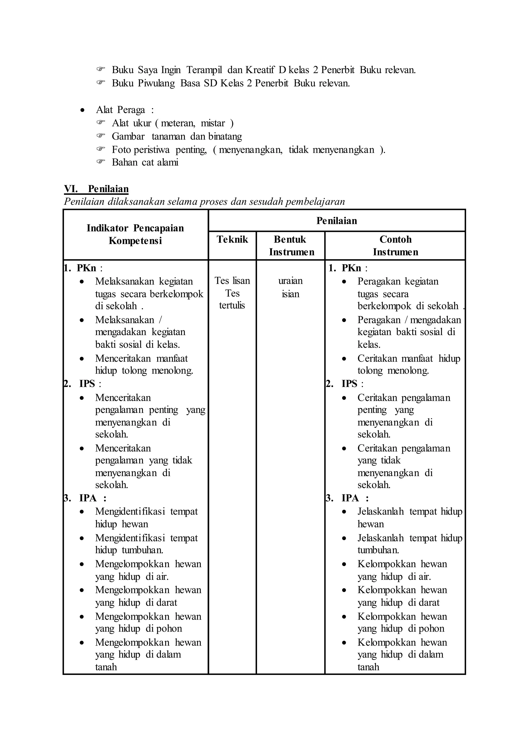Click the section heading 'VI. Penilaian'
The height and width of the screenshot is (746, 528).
click(96, 189)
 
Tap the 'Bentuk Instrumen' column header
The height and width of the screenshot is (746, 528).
click(291, 246)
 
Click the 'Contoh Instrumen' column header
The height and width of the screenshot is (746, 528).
click(395, 246)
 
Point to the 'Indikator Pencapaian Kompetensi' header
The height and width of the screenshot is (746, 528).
click(135, 234)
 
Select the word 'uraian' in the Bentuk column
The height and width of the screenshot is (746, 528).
click(290, 281)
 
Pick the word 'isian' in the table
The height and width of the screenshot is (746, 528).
click(290, 294)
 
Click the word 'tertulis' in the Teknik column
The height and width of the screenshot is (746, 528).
click(232, 306)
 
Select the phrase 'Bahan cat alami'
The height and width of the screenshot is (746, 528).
click(145, 162)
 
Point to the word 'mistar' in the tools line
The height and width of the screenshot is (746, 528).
click(213, 123)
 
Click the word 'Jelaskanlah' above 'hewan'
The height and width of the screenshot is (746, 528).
click(380, 511)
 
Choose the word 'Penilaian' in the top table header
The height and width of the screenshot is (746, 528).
click(336, 221)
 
